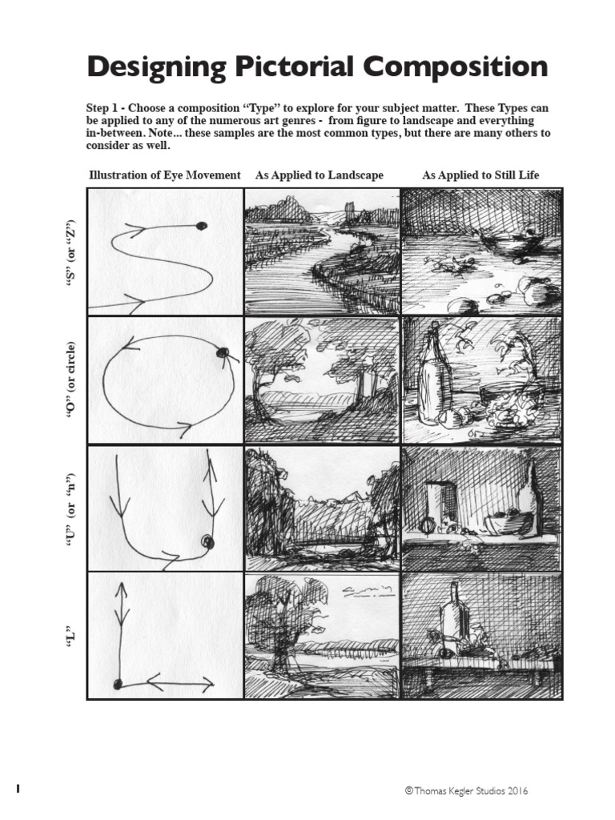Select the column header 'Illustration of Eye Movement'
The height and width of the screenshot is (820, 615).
tap(164, 175)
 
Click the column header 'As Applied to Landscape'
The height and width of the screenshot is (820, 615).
tap(319, 175)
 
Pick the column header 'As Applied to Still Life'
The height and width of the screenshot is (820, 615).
tap(480, 175)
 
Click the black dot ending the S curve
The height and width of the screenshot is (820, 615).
tap(201, 226)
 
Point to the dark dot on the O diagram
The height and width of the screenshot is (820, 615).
tap(223, 352)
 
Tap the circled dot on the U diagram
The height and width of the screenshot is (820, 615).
tap(207, 542)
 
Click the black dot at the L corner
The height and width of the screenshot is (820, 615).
tap(118, 683)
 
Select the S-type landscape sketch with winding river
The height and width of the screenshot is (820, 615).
tap(322, 251)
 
